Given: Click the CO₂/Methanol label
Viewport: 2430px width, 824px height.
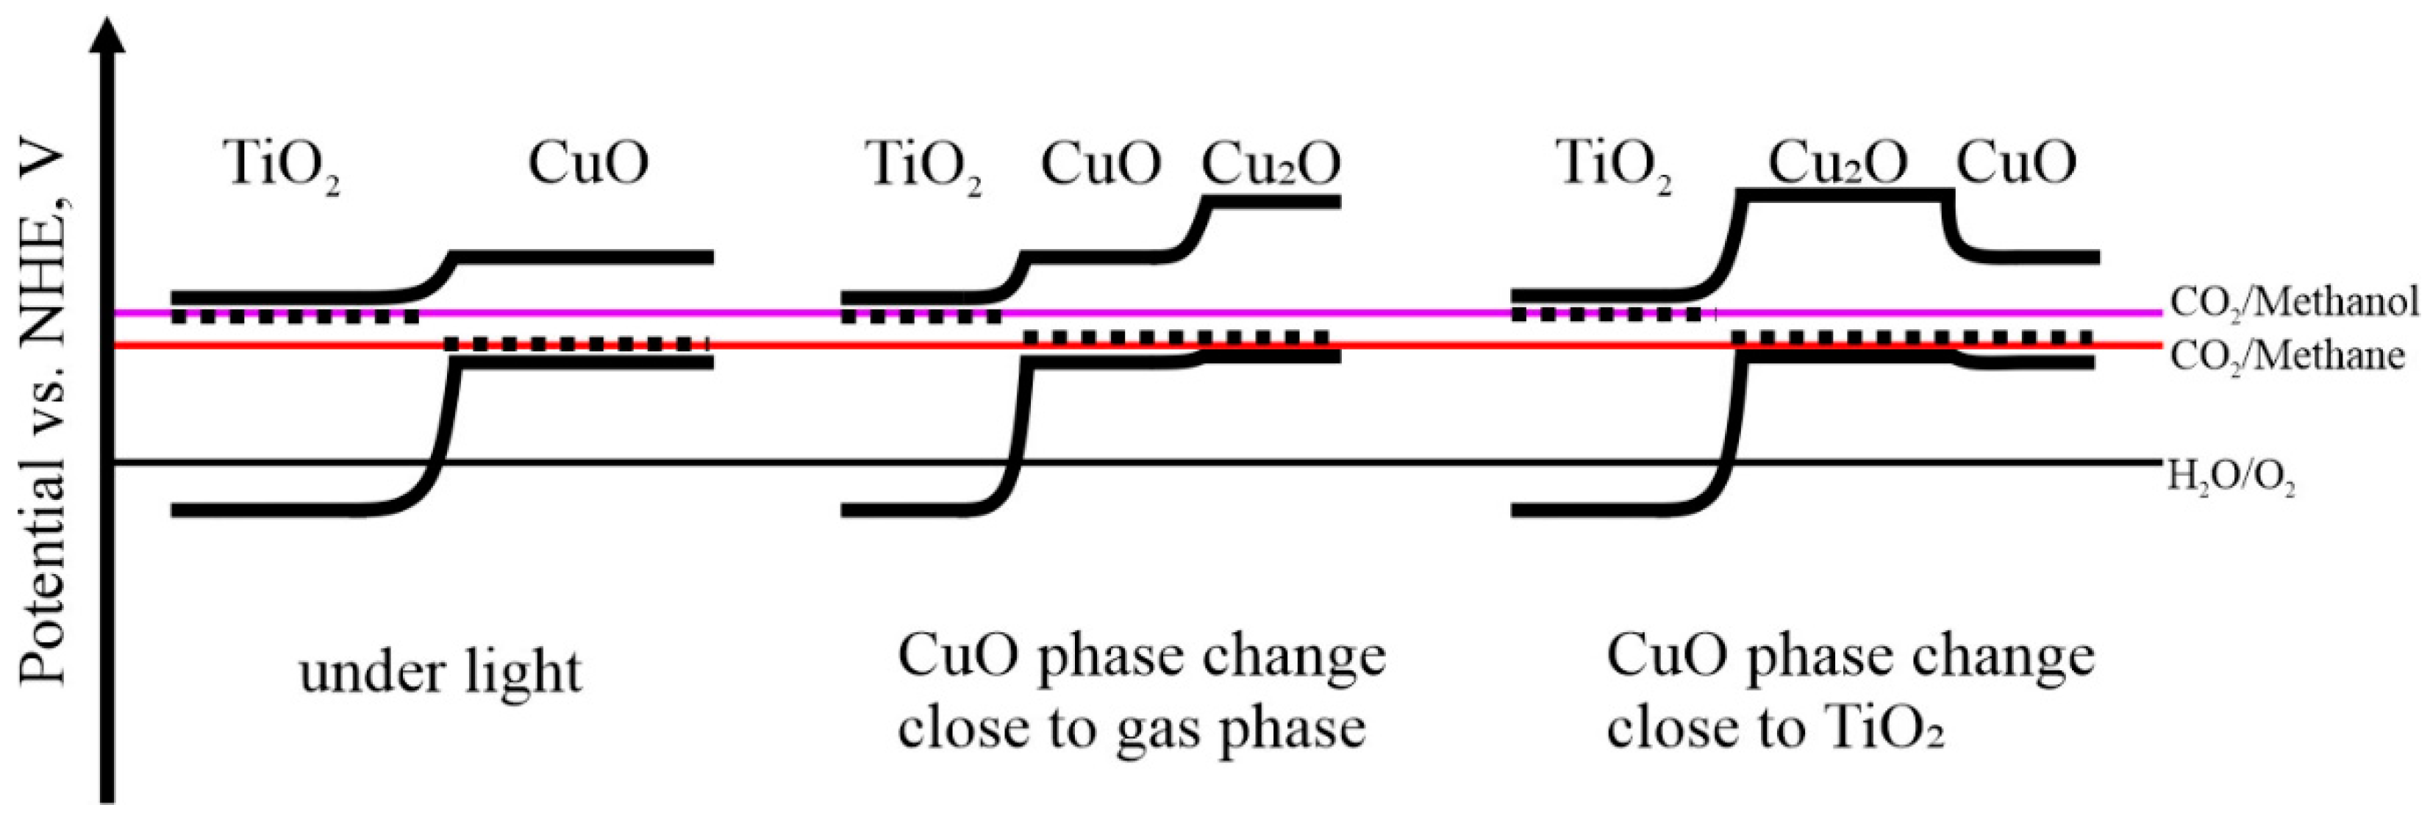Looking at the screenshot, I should coord(2294,301).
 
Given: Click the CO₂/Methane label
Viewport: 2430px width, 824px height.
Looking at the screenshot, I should coord(2287,357).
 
